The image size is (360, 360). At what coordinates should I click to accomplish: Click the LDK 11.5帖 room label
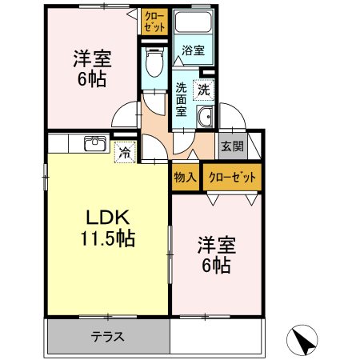point(108,228)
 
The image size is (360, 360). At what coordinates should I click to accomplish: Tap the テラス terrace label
point(108,337)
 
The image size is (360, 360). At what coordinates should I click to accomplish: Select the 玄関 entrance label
point(233,146)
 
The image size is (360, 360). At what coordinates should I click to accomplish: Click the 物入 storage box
point(186,177)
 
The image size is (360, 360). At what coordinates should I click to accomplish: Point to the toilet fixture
point(154,62)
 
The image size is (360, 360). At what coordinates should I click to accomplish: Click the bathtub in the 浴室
point(193,22)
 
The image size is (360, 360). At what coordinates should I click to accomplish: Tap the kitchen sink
point(95,143)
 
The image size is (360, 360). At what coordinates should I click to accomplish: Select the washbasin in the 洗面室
point(205,117)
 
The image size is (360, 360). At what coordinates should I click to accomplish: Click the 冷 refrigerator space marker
point(125,152)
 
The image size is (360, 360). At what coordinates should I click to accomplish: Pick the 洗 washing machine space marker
point(204,90)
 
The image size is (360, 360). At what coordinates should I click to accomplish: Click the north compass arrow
point(302,340)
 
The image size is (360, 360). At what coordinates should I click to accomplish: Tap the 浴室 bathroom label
point(193,50)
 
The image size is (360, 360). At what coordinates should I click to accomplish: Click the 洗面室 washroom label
point(181,99)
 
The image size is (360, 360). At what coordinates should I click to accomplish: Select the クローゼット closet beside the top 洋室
point(154,22)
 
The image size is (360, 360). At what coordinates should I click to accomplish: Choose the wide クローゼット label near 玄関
point(232,177)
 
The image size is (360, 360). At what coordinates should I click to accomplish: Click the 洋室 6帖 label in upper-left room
point(92,69)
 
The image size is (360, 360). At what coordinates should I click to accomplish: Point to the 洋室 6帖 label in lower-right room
point(217,254)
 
